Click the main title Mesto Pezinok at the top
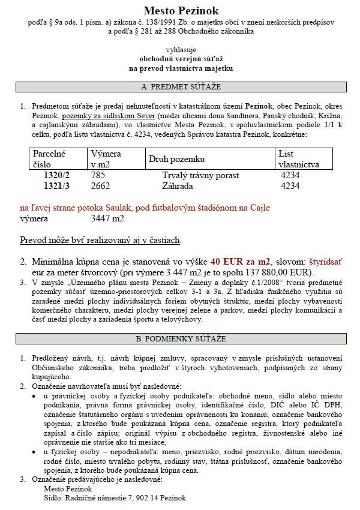tap(181, 11)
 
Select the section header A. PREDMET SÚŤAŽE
tap(181, 87)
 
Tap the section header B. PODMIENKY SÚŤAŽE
tap(181, 339)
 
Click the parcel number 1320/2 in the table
tap(56, 175)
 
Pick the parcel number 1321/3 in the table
tap(56, 186)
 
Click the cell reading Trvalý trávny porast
tap(200, 175)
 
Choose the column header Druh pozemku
tap(176, 159)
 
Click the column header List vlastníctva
tap(298, 159)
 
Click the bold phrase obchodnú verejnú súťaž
tap(181, 59)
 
